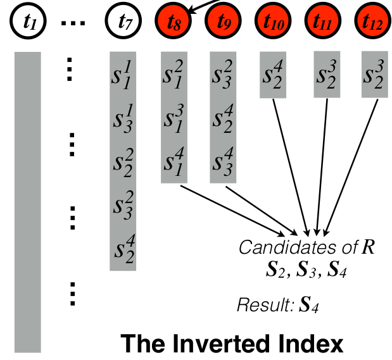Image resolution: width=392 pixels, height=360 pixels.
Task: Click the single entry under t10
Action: (x=274, y=75)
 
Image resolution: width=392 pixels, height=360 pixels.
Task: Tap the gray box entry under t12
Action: (x=374, y=75)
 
